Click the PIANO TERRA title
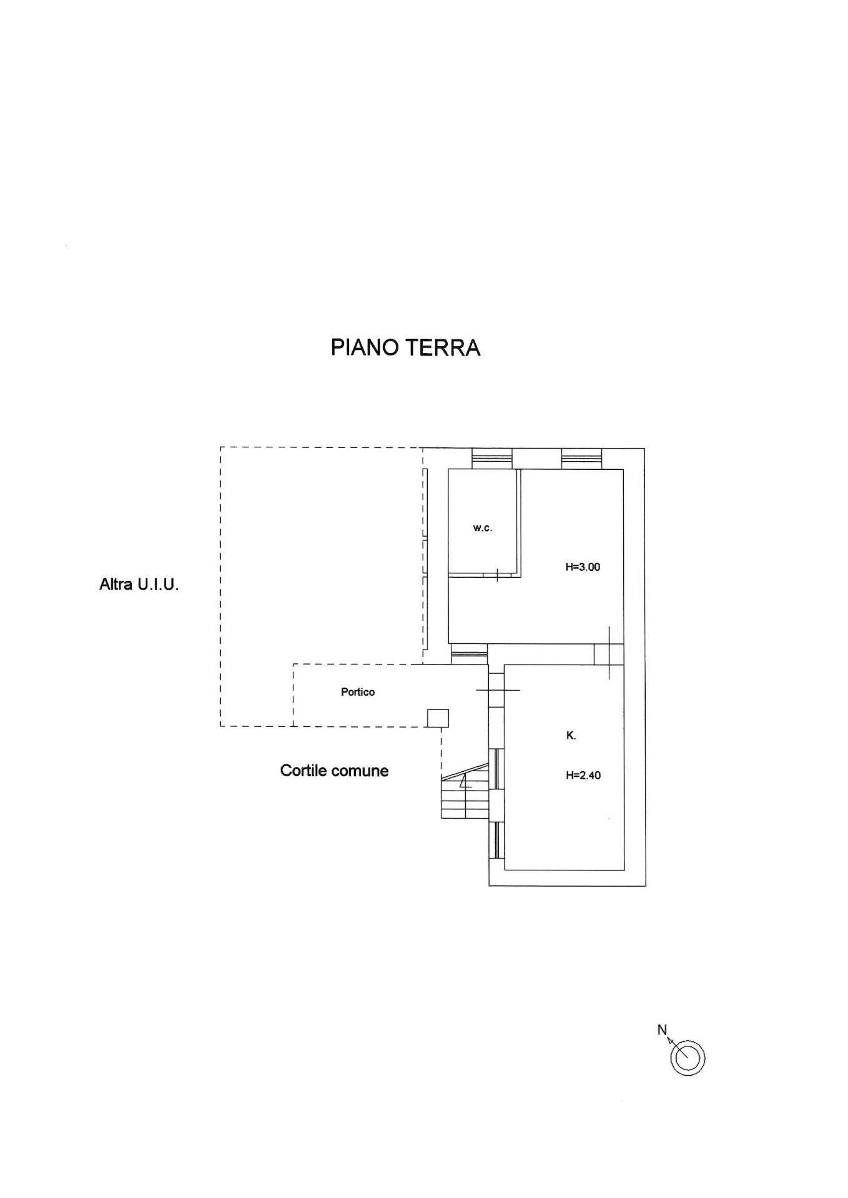(x=405, y=348)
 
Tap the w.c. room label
(x=482, y=528)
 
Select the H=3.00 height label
(x=583, y=567)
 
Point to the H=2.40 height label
(x=583, y=776)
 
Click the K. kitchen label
(x=571, y=736)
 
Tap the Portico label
(x=358, y=691)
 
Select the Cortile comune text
(x=334, y=771)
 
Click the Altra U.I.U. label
(x=139, y=585)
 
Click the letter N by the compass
(x=662, y=1030)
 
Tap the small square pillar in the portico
(x=437, y=718)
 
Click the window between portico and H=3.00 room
(x=469, y=654)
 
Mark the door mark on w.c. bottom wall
(x=497, y=574)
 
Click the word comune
(x=362, y=771)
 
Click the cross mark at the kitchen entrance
(x=497, y=689)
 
